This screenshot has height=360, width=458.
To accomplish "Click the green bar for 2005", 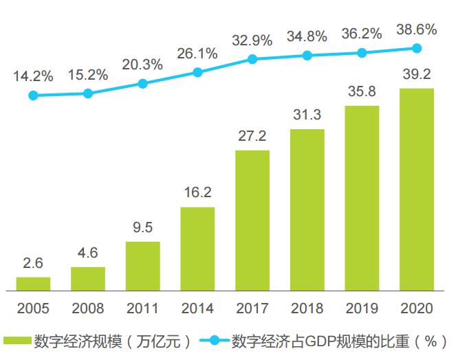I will [x=33, y=283].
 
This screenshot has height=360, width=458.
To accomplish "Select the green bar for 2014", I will [x=197, y=248].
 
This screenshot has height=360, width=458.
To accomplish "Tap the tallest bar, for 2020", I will [x=417, y=189].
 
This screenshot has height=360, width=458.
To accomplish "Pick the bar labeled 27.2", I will [x=252, y=220].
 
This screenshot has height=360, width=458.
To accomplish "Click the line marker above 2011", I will [x=143, y=84].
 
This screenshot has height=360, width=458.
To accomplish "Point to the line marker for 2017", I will [x=252, y=59].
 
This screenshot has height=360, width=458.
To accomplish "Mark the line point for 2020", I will [x=417, y=48].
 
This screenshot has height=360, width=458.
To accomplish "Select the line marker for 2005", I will [x=33, y=95].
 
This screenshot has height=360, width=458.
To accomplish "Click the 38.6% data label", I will [x=417, y=30].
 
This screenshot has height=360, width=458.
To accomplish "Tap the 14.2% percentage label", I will [x=33, y=76].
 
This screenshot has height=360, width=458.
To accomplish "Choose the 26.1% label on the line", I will [x=197, y=53].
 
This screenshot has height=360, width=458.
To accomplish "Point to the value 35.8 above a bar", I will [x=362, y=91].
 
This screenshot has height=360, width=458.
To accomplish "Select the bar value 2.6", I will [x=33, y=264].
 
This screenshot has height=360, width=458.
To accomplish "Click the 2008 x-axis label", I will [x=88, y=307].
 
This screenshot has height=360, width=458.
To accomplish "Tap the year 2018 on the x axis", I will [x=307, y=307].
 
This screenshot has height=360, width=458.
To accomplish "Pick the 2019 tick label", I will [x=362, y=307].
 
